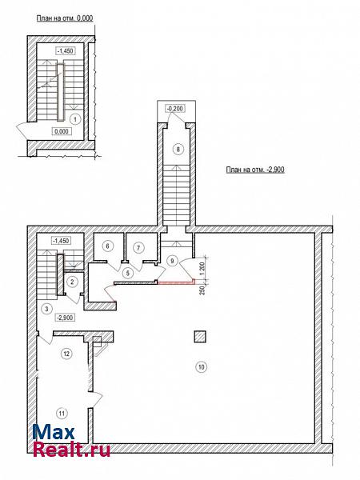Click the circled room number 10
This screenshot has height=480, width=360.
tap(201, 366)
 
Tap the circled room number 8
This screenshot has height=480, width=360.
tap(178, 149)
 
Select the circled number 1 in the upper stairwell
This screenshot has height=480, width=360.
tap(75, 119)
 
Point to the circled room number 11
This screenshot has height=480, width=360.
tap(62, 414)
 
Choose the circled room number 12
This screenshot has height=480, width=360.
tap(66, 354)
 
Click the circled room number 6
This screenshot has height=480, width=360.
tap(107, 246)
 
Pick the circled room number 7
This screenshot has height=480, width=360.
tap(138, 247)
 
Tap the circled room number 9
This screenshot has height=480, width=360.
tap(172, 261)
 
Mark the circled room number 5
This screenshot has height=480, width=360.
tap(128, 273)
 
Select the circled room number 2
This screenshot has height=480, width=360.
tap(72, 282)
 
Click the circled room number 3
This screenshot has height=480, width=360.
tap(46, 309)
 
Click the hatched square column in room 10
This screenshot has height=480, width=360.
tap(200, 337)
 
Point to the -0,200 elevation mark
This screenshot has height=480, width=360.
tap(175, 108)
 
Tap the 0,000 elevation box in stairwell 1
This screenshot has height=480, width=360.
tap(62, 131)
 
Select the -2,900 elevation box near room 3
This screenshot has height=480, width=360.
tap(64, 318)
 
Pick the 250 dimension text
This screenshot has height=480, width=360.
tap(202, 290)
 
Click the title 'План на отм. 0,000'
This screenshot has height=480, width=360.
tap(65, 18)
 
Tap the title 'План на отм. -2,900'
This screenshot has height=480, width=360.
tap(255, 170)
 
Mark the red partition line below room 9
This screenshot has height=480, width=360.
tap(176, 283)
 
